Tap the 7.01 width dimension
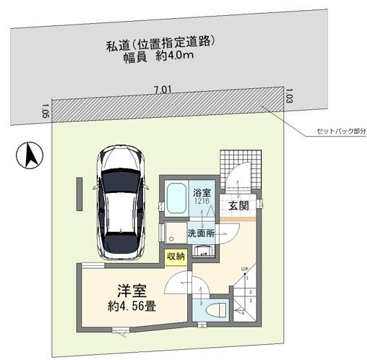[x=161, y=90]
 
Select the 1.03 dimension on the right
[x=289, y=93]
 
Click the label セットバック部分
[x=341, y=132]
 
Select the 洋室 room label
[x=133, y=293]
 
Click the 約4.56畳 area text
[x=134, y=307]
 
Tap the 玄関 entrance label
[x=239, y=206]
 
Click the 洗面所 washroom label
[x=202, y=233]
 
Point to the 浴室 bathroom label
[x=202, y=193]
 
